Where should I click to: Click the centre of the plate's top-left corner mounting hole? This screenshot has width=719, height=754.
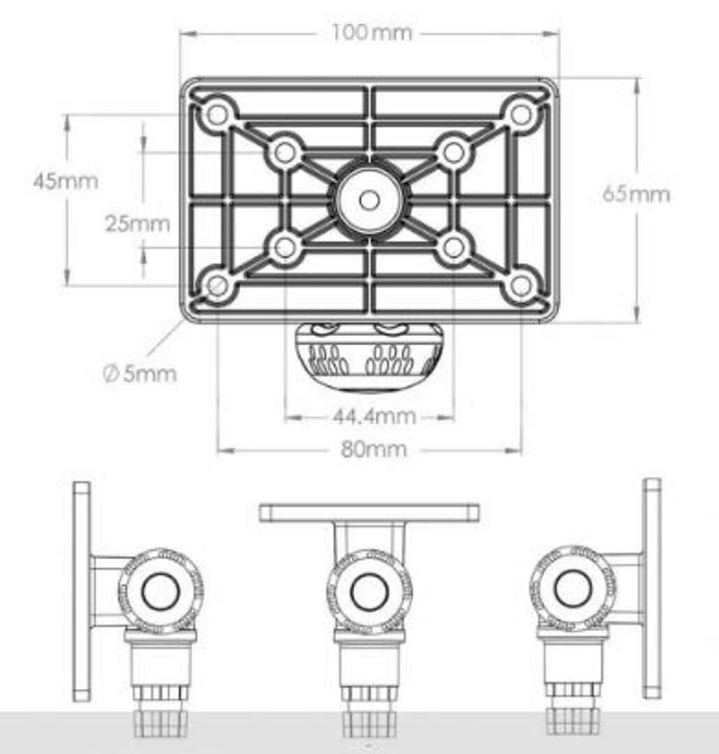point(218,114)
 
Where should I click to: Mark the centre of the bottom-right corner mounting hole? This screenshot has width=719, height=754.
point(520,286)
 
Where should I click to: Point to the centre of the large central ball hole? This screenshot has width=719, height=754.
point(369,200)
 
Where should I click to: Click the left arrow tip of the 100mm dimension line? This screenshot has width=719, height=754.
point(181,34)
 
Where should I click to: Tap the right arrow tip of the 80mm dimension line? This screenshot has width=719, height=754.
point(521,450)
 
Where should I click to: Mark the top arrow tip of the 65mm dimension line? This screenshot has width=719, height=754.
point(637,79)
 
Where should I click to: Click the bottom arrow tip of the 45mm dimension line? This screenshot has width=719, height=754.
point(67,286)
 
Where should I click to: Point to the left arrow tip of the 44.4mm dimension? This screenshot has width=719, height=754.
point(286,417)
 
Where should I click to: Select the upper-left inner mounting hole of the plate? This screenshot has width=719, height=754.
point(286,152)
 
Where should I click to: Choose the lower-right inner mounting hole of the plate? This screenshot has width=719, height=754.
point(453,248)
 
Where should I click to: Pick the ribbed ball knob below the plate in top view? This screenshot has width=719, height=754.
point(369,356)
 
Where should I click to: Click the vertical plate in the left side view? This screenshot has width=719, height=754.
point(81,591)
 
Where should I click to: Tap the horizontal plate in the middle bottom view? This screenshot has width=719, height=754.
point(369,513)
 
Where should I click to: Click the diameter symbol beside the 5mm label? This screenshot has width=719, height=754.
point(111,374)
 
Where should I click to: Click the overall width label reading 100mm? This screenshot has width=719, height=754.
point(372,33)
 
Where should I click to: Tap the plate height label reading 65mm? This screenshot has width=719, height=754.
point(636,194)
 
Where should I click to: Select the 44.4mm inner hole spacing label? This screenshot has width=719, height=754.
point(374,416)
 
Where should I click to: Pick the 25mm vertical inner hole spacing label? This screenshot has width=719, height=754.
point(138,223)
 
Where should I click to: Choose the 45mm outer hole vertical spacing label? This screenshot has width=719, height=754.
point(66,182)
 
